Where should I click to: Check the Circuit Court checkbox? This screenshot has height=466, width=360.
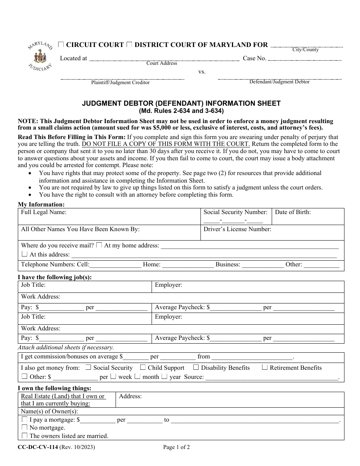coord(61,45)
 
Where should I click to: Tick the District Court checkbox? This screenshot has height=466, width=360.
coord(129,45)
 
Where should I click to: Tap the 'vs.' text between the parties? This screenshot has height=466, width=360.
coord(202,72)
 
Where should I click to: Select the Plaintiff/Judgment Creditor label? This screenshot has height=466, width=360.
coord(120,83)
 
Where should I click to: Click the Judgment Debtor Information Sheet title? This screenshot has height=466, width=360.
coord(182,103)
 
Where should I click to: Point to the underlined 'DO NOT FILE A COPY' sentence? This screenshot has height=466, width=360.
coord(166,144)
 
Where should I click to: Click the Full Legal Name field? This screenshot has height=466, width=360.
coord(110,217)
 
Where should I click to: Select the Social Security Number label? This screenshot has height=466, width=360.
coord(235,212)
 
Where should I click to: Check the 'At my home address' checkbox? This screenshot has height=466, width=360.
coord(99,245)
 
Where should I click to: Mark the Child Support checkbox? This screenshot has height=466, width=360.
coord(143,367)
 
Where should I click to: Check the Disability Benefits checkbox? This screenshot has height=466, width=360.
coord(196,367)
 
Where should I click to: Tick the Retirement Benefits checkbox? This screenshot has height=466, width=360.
coord(265,367)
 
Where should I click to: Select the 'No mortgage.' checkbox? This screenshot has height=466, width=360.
coord(24,427)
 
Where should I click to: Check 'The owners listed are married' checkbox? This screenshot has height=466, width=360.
coord(24,436)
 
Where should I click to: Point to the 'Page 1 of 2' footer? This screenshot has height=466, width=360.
coord(177,447)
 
